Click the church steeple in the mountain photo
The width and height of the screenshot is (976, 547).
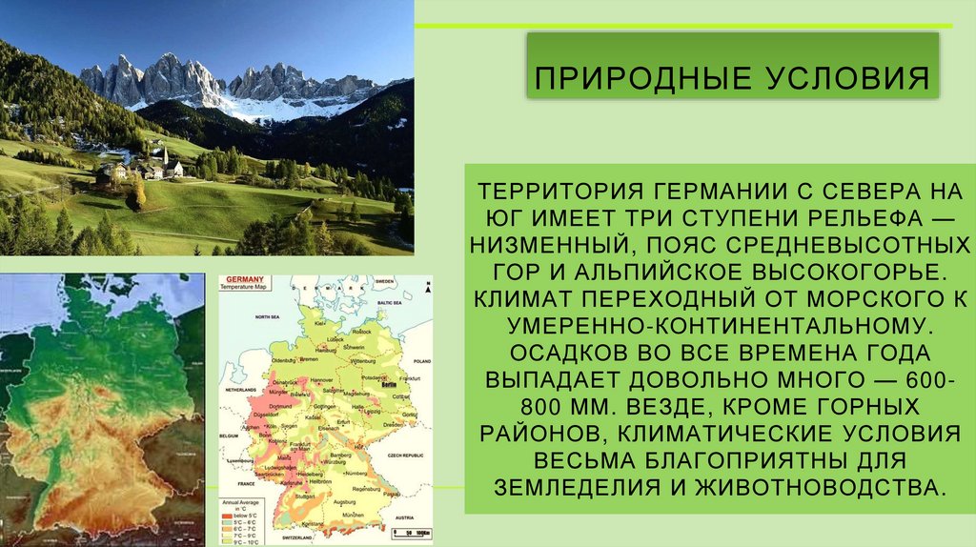[x=166, y=155]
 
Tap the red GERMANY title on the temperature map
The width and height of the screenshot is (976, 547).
[x=242, y=278]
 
